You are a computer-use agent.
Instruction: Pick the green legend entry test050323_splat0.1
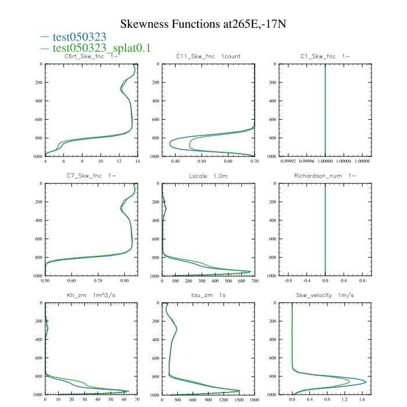tap(96, 48)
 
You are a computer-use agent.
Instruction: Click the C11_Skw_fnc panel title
tap(208, 56)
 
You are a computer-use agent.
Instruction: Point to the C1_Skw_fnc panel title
tap(325, 56)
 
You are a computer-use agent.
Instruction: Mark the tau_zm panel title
tap(208, 295)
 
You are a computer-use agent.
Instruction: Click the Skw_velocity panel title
tap(325, 295)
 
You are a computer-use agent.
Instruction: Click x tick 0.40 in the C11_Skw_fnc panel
tap(173, 162)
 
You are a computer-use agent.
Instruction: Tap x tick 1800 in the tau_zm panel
tap(254, 400)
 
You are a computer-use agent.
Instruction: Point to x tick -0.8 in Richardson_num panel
tap(288, 281)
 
